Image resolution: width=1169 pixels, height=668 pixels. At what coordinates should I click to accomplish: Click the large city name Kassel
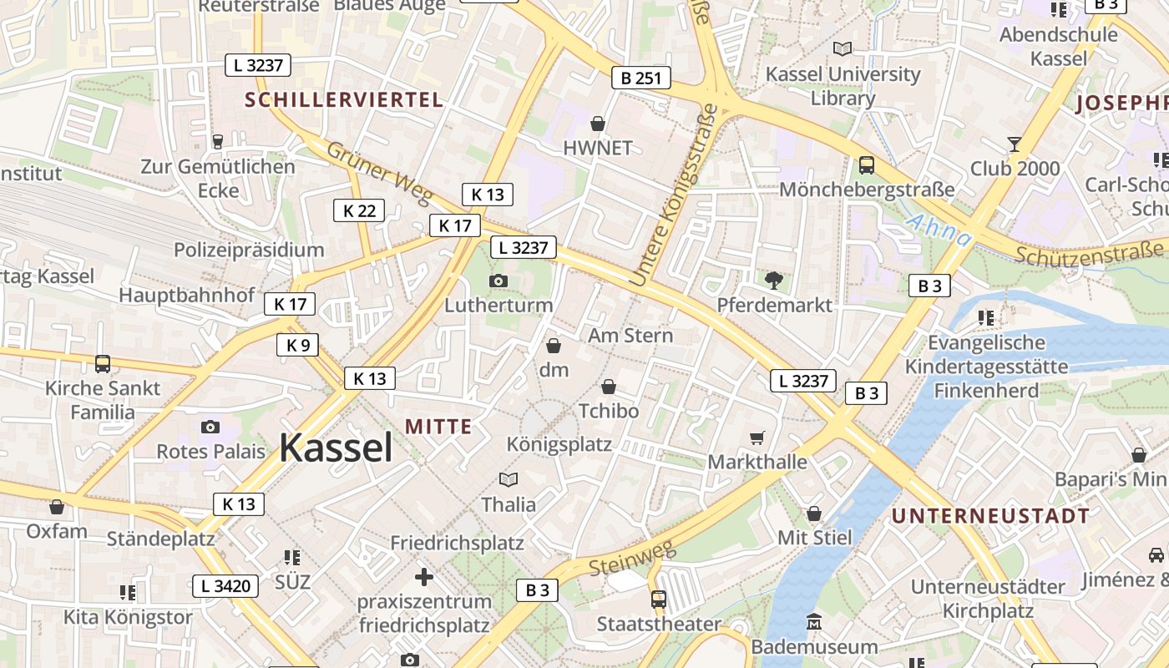(x=336, y=448)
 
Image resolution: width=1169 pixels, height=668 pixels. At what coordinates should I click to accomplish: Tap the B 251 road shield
(x=640, y=78)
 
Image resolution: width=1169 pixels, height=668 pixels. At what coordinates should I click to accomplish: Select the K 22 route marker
(x=359, y=210)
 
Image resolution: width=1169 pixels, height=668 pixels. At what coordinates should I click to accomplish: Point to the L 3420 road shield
(x=225, y=586)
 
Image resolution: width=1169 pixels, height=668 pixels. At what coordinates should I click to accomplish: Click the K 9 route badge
(x=297, y=345)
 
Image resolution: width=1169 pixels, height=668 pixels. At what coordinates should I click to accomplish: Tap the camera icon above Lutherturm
(x=498, y=281)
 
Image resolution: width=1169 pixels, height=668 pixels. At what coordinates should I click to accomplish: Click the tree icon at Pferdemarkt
(x=774, y=281)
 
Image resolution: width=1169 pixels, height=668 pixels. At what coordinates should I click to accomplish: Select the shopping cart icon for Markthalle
(x=757, y=438)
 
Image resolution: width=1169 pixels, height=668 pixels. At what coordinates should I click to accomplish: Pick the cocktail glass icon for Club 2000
(x=1015, y=144)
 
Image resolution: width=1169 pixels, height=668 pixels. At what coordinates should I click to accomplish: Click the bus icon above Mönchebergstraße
(x=867, y=165)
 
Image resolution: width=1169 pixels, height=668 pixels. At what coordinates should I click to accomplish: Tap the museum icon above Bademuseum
(x=814, y=622)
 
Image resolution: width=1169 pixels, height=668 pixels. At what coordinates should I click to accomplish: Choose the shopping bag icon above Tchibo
(x=609, y=387)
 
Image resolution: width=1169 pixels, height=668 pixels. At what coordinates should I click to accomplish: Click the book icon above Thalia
(x=509, y=479)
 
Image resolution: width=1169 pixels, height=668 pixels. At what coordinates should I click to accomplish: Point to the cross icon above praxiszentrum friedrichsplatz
(x=424, y=577)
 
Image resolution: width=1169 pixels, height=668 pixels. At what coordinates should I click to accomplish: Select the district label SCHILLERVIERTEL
(x=343, y=100)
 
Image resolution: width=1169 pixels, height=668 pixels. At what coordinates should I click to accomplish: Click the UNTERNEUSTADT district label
(x=990, y=516)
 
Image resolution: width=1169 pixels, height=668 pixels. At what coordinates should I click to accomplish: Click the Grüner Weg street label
(x=379, y=173)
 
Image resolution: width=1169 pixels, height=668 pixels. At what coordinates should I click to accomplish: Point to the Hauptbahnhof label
(x=186, y=295)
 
